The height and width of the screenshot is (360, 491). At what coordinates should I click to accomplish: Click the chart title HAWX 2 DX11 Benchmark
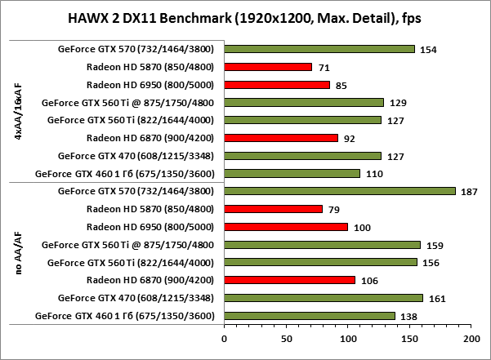[244, 18]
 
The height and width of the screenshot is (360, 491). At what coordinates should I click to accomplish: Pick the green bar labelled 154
[319, 49]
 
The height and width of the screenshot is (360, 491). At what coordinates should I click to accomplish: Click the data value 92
[349, 139]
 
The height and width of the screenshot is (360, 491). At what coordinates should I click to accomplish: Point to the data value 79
[333, 210]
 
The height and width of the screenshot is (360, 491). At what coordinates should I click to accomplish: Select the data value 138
[409, 316]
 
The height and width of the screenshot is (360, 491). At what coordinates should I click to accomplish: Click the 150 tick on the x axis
[410, 336]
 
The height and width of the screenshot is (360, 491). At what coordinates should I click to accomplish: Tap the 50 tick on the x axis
[286, 336]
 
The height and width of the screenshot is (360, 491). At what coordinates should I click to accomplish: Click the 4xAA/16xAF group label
[19, 111]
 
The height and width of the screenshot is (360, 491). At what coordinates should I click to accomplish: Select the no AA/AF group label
[19, 253]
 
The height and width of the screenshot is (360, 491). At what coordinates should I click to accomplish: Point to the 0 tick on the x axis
[224, 336]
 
